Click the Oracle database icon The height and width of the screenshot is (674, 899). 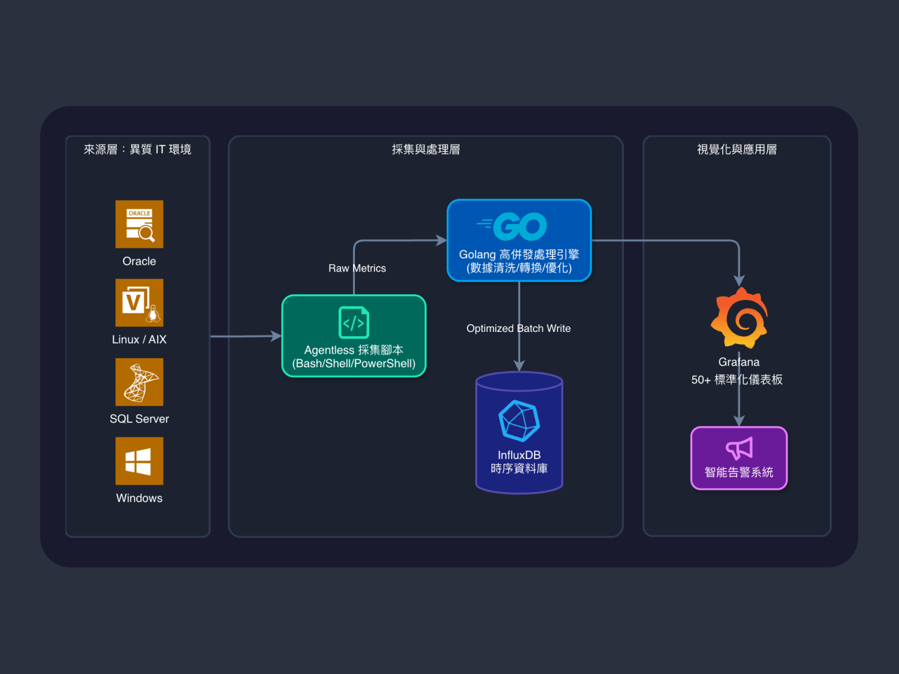pyautogui.click(x=139, y=224)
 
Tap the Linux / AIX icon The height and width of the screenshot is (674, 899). pyautogui.click(x=139, y=303)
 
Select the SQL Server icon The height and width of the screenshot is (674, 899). pyautogui.click(x=139, y=382)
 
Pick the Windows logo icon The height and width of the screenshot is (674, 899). pyautogui.click(x=139, y=461)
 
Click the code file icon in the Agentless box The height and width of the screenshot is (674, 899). pyautogui.click(x=354, y=322)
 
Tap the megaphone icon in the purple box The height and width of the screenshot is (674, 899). pyautogui.click(x=739, y=448)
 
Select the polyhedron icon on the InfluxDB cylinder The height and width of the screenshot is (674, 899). pyautogui.click(x=519, y=421)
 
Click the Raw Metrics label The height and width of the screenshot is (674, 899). pyautogui.click(x=357, y=268)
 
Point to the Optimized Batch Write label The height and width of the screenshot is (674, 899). pyautogui.click(x=518, y=328)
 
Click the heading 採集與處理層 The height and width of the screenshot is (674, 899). pyautogui.click(x=426, y=150)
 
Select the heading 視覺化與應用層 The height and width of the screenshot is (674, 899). pyautogui.click(x=737, y=150)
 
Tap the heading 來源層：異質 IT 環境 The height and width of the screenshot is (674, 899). pyautogui.click(x=137, y=150)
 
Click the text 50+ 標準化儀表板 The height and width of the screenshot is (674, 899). pyautogui.click(x=737, y=380)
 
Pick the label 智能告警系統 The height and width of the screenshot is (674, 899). pyautogui.click(x=739, y=472)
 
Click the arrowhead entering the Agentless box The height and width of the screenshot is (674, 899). pyautogui.click(x=277, y=336)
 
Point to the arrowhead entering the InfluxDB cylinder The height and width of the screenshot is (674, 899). pyautogui.click(x=519, y=366)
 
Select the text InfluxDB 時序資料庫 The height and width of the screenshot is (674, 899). pyautogui.click(x=519, y=462)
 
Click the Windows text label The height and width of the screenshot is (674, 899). pyautogui.click(x=139, y=498)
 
